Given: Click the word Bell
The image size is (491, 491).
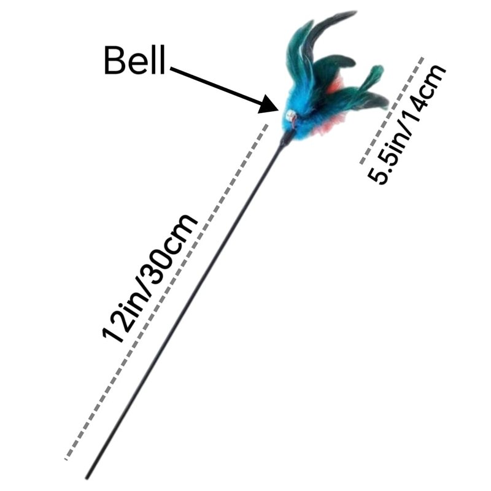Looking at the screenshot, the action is click(134, 60).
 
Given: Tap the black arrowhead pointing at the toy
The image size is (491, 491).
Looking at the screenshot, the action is click(269, 104).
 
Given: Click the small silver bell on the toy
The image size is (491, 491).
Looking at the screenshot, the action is click(291, 116).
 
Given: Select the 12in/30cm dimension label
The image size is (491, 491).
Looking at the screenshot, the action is click(150, 279).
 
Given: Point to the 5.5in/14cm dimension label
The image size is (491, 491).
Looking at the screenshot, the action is click(406, 125).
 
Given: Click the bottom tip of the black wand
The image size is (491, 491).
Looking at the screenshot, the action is click(87, 478).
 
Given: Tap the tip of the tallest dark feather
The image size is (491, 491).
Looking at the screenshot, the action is click(355, 12).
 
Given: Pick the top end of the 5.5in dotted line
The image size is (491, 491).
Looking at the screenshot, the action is click(423, 58).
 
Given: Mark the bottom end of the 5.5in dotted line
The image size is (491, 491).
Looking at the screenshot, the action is click(361, 163).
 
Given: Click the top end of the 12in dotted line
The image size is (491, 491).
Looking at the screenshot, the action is click(267, 125).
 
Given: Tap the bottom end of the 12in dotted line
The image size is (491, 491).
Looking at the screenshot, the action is click(66, 459).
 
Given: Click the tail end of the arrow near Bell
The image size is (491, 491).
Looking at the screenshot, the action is click(171, 69).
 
